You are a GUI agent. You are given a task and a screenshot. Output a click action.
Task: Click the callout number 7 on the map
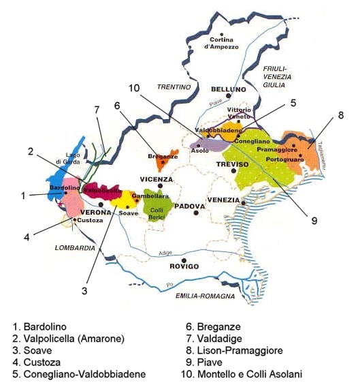click(97, 110)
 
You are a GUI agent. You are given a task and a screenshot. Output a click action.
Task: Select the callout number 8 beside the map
click(340, 115)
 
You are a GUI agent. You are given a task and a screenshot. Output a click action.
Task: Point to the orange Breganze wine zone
click(163, 162)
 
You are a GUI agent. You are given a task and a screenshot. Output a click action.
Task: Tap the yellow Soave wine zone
click(125, 200)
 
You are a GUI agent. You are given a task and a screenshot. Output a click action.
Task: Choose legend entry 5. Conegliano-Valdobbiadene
click(80, 374)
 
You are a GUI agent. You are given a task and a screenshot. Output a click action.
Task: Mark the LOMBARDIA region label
click(75, 249)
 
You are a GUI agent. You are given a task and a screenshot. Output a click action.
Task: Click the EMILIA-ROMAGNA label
click(205, 296)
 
